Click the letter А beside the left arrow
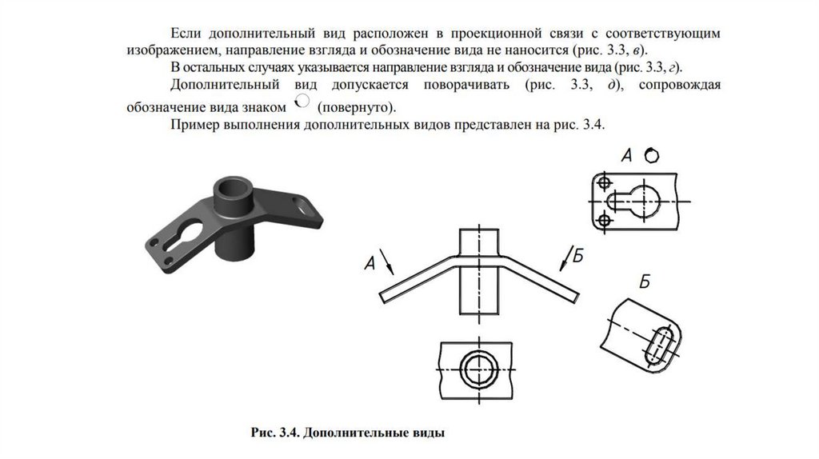[x=369, y=262]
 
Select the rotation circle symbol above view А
[x=652, y=156]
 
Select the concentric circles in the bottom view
[x=479, y=371]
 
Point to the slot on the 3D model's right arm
[x=302, y=206]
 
